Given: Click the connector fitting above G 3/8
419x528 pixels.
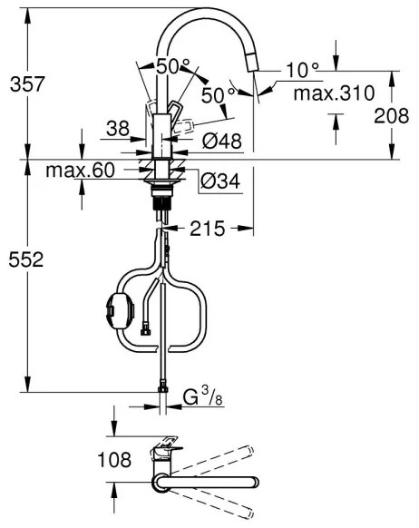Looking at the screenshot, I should click(163, 386).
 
